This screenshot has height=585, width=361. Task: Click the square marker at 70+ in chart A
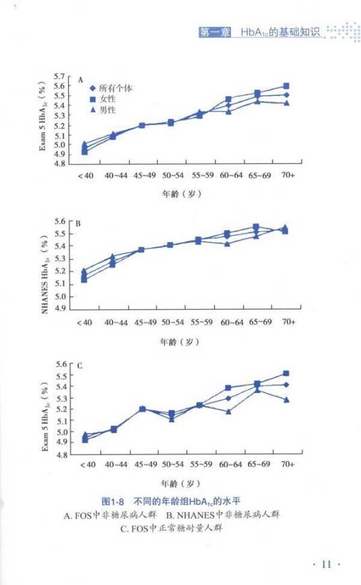[x=286, y=86]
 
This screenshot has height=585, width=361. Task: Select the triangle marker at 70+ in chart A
[x=286, y=103]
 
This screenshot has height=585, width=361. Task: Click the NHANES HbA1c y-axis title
[x=45, y=265]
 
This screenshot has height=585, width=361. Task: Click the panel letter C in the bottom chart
[x=79, y=366]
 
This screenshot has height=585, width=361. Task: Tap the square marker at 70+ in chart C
[x=286, y=373]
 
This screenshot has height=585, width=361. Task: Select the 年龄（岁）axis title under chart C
[x=180, y=483]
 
